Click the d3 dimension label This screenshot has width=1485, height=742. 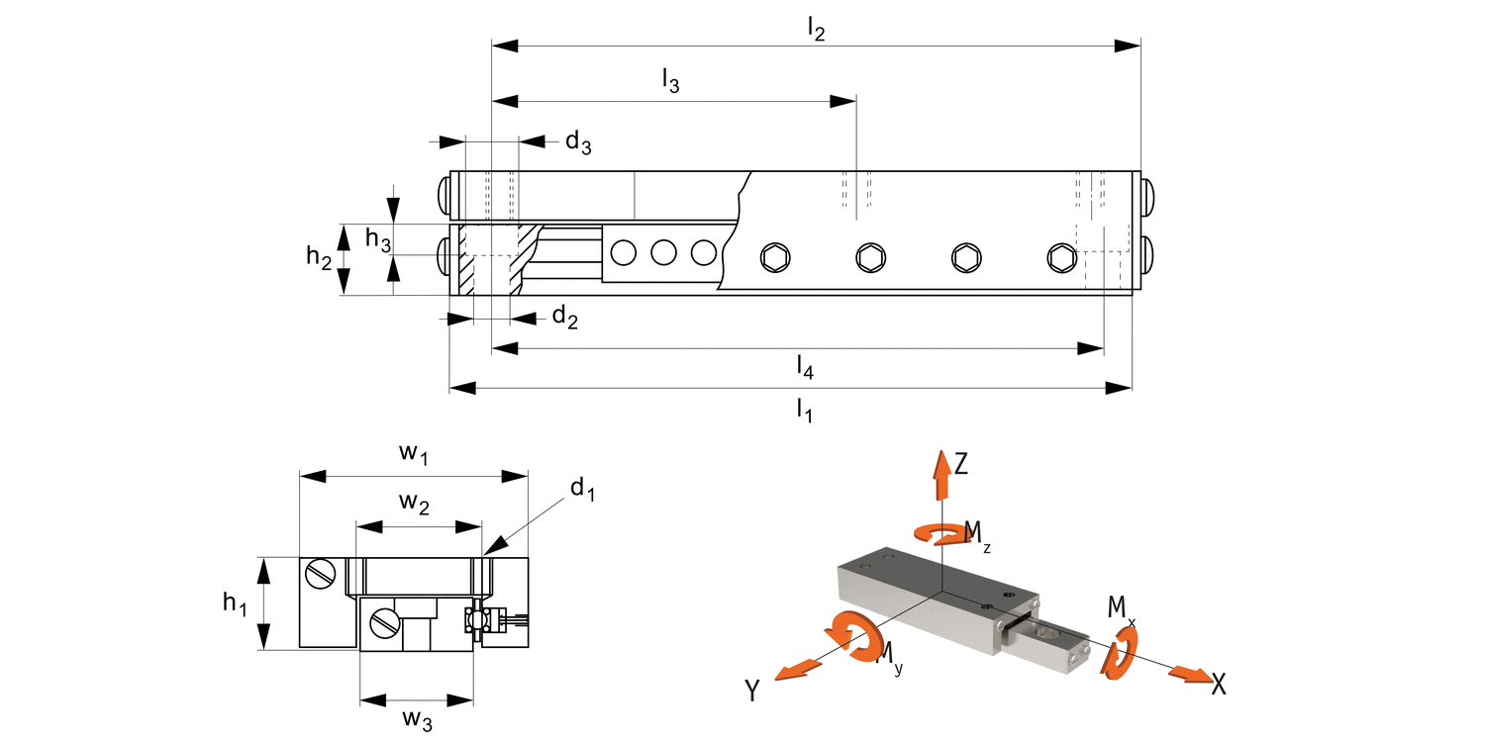578,142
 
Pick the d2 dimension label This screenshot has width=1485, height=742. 564,317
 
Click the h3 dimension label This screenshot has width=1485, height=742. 378,238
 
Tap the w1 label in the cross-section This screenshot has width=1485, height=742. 414,453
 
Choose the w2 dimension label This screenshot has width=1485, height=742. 415,503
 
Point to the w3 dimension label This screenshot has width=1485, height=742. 417,720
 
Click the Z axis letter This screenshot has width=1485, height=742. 960,463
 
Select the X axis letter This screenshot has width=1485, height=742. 1219,684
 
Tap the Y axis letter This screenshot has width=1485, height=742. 752,691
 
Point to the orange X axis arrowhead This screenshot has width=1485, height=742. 1188,675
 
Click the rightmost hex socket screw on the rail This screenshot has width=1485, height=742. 1060,258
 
